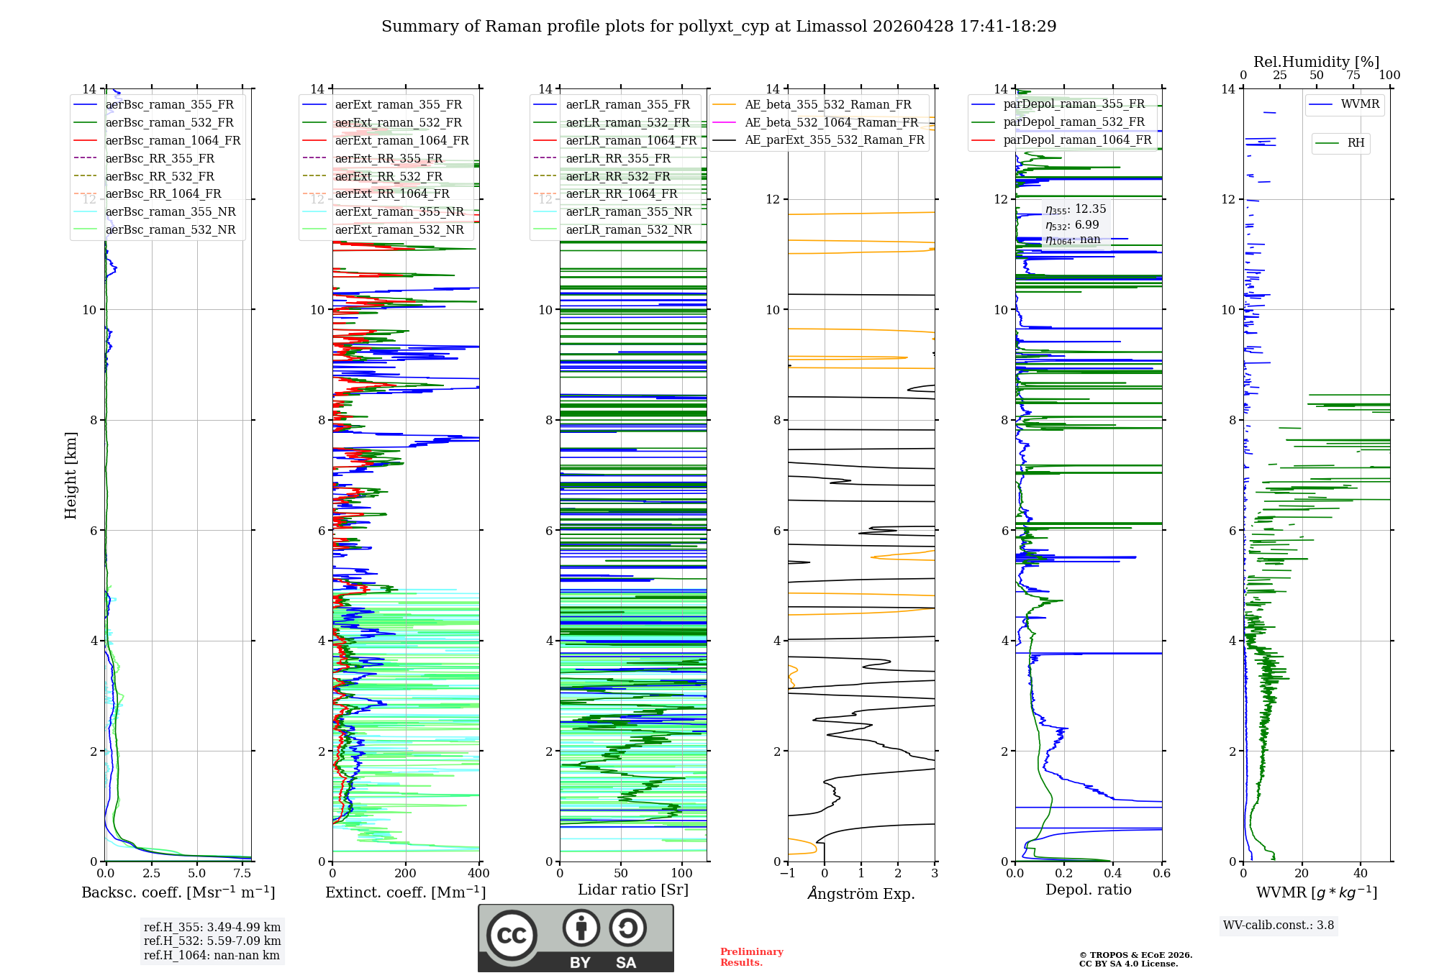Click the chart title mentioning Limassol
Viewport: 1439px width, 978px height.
coord(719,27)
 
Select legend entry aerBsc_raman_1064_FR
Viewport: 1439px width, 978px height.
coord(173,141)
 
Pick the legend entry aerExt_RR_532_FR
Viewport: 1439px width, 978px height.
coord(389,176)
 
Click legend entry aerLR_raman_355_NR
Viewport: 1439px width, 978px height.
coord(628,212)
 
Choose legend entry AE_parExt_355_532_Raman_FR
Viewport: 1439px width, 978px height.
coord(834,140)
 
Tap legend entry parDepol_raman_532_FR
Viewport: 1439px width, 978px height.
coord(1073,122)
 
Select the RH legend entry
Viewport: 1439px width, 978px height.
coord(1356,143)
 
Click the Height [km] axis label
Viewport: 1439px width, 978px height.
coord(71,475)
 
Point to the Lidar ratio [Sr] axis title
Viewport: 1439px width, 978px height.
coord(633,890)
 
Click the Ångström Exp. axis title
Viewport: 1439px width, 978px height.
coord(861,894)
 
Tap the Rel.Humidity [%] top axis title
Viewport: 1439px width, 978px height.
coord(1316,62)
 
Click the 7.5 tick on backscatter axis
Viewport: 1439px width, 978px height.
coord(243,874)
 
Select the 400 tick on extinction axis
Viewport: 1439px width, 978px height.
coord(479,874)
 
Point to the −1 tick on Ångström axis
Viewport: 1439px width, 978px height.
coord(787,874)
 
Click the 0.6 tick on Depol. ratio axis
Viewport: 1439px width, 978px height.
coord(1161,874)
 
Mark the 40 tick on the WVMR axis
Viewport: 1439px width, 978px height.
coord(1361,874)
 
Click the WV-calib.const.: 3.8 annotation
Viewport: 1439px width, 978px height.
coord(1279,926)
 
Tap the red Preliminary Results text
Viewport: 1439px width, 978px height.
coord(751,957)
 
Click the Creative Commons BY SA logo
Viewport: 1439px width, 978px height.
coord(576,938)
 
